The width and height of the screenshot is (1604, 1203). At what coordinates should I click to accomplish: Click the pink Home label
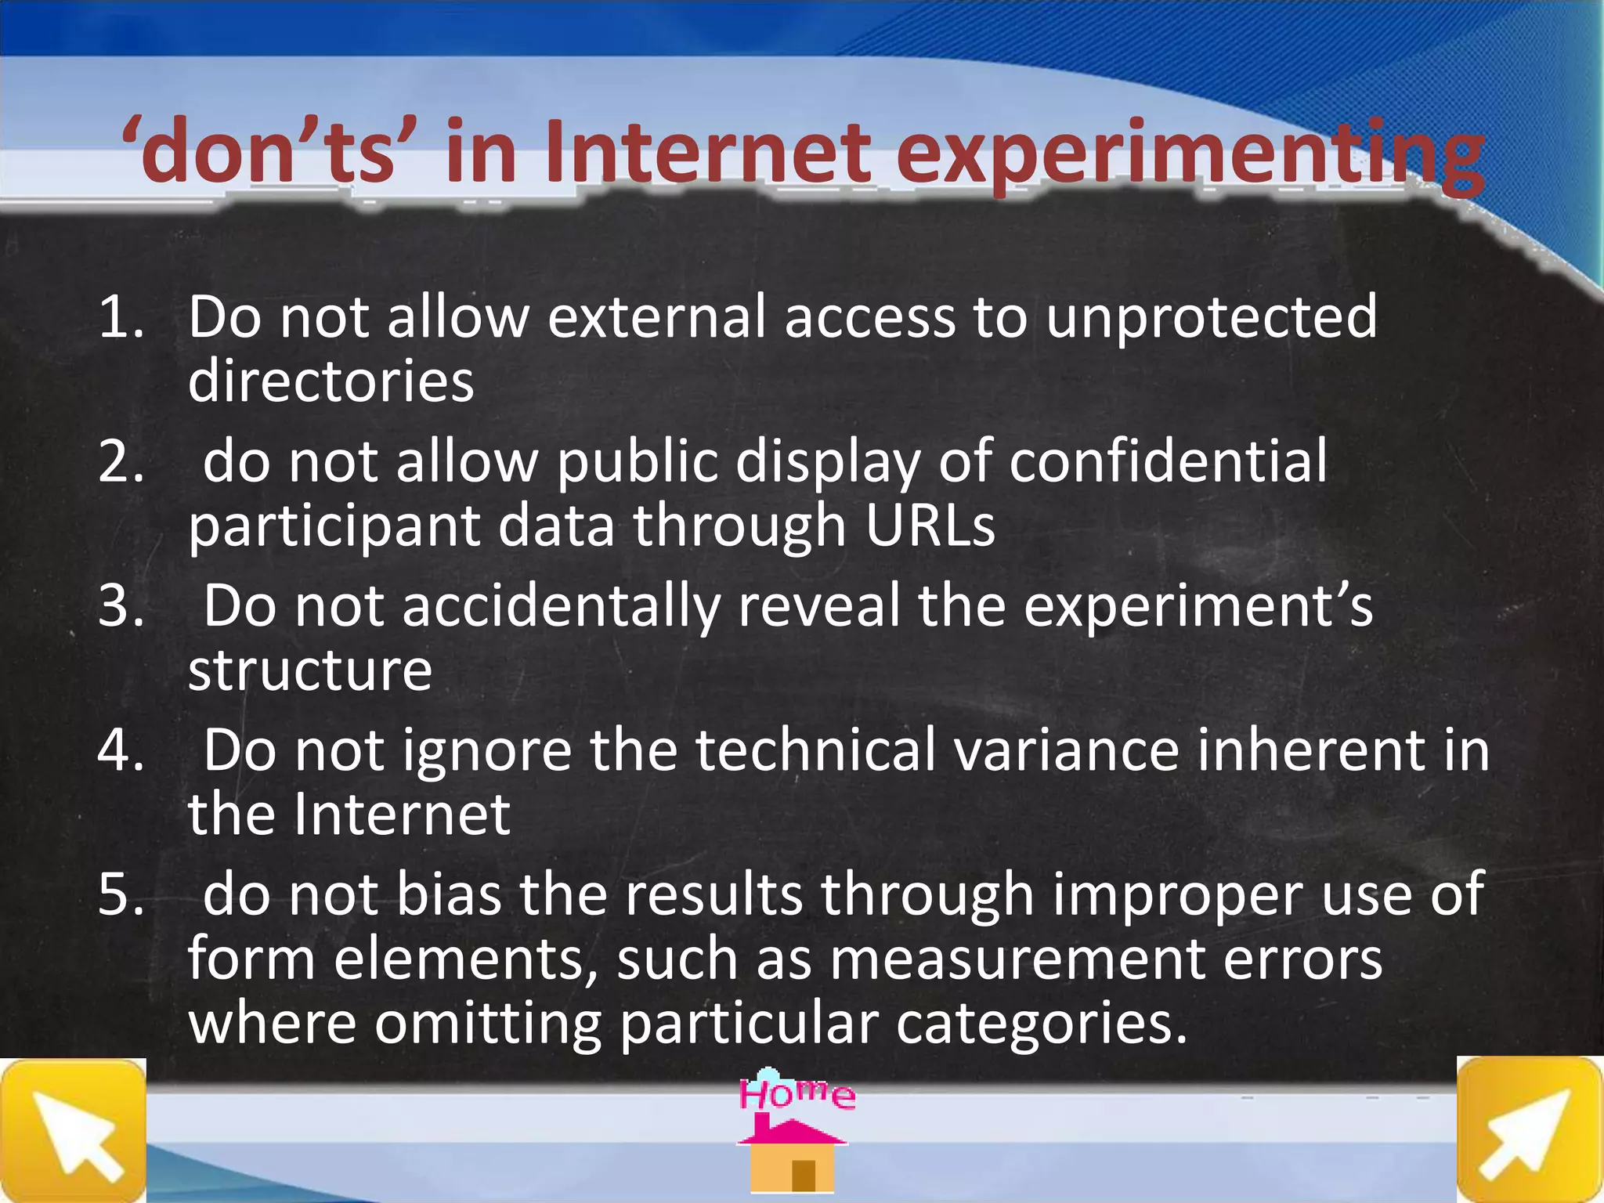tap(797, 1093)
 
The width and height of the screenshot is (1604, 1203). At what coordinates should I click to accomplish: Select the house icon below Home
tap(793, 1156)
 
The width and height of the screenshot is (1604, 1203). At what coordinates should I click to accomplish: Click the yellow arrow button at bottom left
tap(73, 1130)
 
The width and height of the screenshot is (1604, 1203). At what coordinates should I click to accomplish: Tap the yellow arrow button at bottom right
tap(1530, 1130)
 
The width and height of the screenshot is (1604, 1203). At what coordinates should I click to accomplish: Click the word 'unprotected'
tap(1211, 317)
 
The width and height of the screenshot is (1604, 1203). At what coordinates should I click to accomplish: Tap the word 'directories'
tap(331, 381)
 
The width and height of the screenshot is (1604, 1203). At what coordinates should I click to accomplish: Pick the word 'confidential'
tap(1168, 461)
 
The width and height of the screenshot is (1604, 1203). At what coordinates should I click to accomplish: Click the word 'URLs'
tap(930, 526)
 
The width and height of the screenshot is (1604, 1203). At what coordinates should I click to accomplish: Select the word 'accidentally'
tap(561, 606)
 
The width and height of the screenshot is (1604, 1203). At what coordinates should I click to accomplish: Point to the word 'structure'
tap(310, 670)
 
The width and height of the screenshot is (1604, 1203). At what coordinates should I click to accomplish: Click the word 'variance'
tap(1066, 750)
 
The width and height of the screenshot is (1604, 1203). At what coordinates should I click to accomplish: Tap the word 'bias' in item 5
tap(449, 894)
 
